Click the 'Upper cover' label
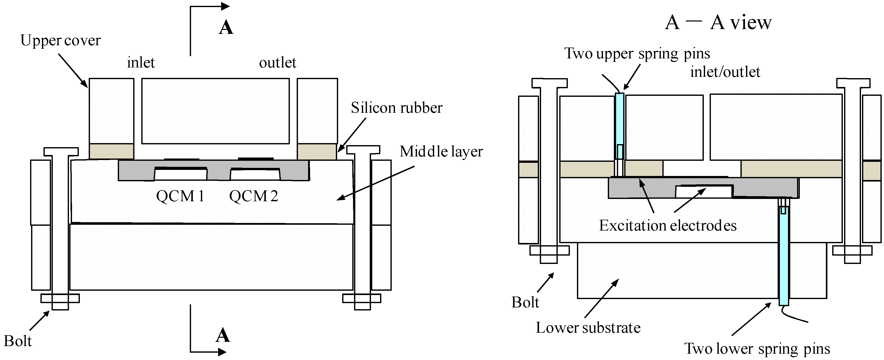tap(60, 40)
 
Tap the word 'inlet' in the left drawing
tap(141, 63)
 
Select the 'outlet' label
tap(277, 63)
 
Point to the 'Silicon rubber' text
tap(396, 108)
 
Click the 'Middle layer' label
tap(441, 151)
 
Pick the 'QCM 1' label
tap(180, 196)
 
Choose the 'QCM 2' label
tap(253, 196)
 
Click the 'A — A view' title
tap(718, 23)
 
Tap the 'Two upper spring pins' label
tap(637, 54)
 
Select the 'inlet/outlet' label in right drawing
tap(725, 72)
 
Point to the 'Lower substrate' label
tap(588, 328)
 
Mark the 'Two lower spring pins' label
tap(757, 349)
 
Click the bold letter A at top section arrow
tap(226, 28)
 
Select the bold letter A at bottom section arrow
tap(222, 335)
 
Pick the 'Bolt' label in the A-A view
tap(525, 302)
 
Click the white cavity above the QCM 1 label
tap(180, 175)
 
